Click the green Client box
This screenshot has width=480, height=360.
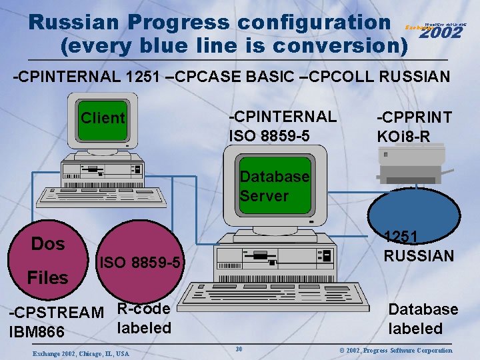point(103,118)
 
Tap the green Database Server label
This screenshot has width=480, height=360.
point(274,186)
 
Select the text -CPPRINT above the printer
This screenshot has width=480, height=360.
point(414,117)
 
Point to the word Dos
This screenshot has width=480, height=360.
point(48,244)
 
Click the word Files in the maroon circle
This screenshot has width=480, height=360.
point(47,277)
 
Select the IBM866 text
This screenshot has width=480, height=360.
point(36,331)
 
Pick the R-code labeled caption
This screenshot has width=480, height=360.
point(144,318)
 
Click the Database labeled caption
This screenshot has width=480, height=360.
point(423,319)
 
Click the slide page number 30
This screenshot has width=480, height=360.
point(239,349)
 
